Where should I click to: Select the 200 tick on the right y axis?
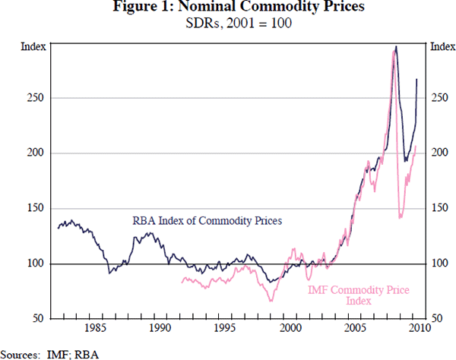coord(441,153)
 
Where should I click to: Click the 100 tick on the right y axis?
coord(441,264)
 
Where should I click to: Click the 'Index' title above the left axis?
coord(33,47)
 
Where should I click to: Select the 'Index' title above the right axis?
coord(442,47)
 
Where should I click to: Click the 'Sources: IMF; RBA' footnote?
coord(50,353)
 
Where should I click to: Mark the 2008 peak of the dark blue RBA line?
coord(395,48)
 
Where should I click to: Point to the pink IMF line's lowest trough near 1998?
coord(271,302)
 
